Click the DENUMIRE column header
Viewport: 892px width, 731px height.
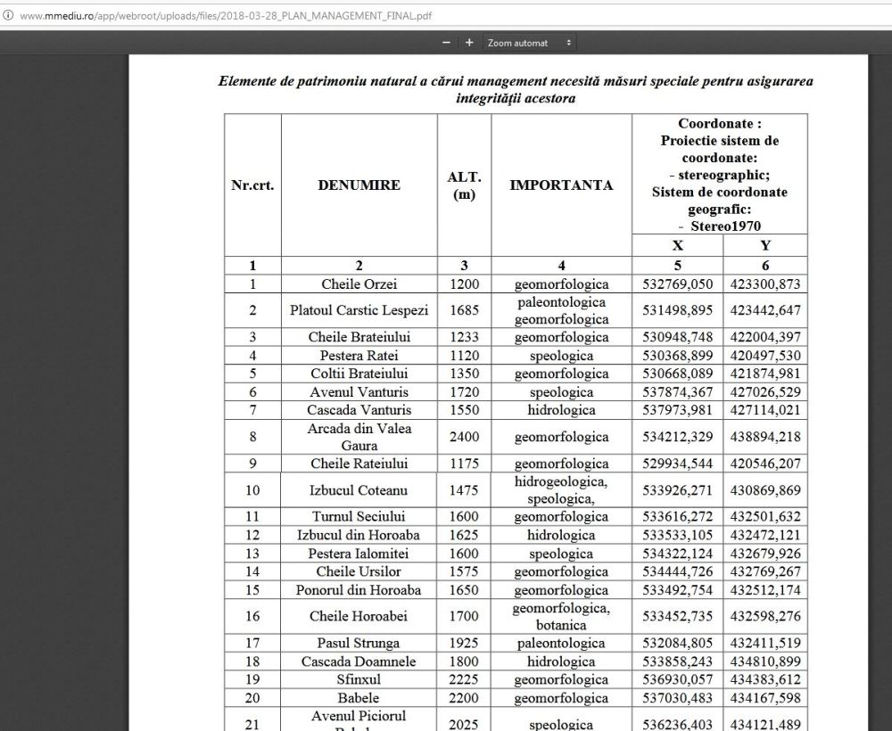[359, 185]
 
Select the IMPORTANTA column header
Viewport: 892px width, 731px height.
[561, 185]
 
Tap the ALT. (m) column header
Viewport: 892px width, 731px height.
[464, 185]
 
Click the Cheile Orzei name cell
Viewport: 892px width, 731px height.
[359, 284]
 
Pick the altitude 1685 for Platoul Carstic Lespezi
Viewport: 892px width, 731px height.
[464, 311]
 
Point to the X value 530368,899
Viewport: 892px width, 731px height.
[677, 356]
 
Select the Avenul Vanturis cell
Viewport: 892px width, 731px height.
[359, 392]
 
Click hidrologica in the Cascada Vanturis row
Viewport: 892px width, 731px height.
[561, 410]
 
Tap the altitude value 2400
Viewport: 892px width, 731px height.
[464, 437]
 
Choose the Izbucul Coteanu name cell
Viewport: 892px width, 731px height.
[359, 490]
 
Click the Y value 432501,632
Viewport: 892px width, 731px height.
[765, 517]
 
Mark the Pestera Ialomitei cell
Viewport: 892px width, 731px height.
[359, 554]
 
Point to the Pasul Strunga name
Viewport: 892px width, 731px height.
[359, 643]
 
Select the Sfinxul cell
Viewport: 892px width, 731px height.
[359, 679]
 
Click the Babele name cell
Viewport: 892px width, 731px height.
[359, 697]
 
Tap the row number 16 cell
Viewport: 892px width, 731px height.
[252, 616]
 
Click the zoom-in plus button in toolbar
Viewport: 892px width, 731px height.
[469, 42]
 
